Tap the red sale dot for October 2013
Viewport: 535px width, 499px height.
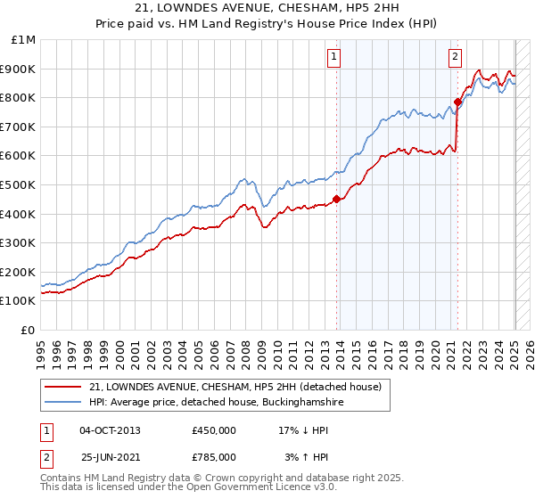[336, 200]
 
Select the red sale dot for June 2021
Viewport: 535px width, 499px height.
[457, 102]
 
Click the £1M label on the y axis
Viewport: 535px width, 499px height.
[25, 39]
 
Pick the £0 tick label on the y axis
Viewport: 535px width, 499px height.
[29, 330]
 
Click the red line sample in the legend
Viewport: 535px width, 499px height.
[62, 387]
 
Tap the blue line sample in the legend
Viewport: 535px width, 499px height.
[62, 403]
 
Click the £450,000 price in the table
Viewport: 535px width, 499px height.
[214, 430]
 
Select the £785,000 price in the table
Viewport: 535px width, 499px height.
[214, 456]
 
